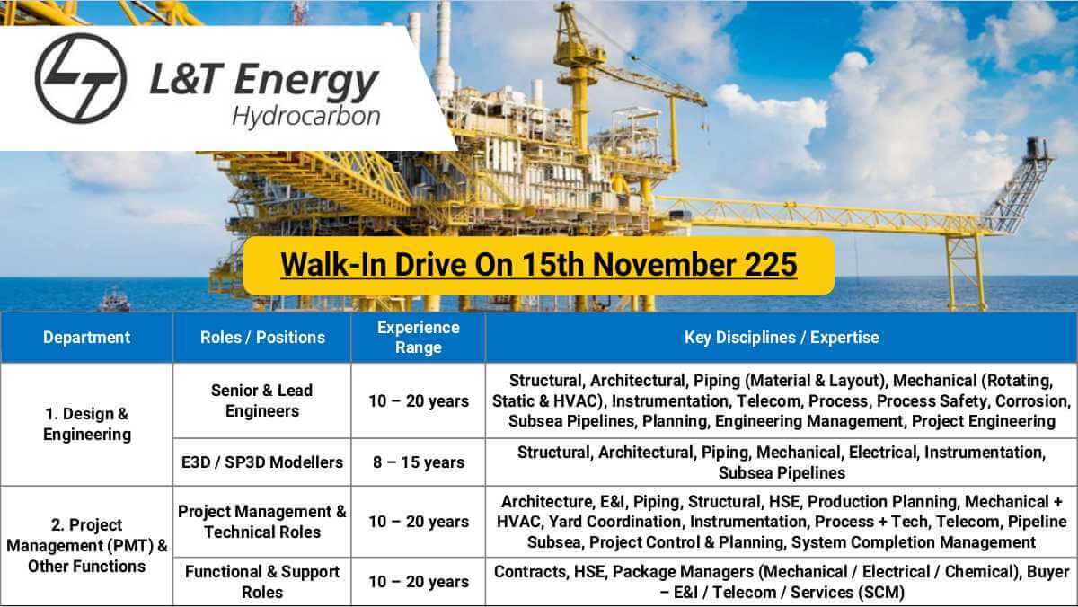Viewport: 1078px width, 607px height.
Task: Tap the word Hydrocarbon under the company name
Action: (305, 117)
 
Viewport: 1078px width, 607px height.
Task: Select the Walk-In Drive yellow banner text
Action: (538, 265)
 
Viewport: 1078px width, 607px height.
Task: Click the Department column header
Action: (86, 338)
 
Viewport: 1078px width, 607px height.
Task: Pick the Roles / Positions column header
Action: (262, 338)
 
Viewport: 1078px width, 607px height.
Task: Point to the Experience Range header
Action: (418, 338)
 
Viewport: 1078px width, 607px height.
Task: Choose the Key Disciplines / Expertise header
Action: (781, 338)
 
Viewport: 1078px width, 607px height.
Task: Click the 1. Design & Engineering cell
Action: (86, 424)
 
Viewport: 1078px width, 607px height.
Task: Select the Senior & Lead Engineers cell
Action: (262, 400)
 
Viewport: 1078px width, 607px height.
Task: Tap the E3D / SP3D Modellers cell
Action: (262, 462)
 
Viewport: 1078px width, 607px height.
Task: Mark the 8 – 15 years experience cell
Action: (418, 462)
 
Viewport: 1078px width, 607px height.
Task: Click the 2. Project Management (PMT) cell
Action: (86, 545)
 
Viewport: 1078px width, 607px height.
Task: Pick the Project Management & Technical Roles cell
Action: (262, 521)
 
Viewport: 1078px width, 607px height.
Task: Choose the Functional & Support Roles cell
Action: (262, 582)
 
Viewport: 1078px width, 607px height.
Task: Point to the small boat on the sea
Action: (114, 300)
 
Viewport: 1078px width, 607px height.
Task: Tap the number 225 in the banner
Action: (769, 265)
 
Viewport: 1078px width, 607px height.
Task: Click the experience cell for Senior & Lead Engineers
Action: (418, 400)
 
